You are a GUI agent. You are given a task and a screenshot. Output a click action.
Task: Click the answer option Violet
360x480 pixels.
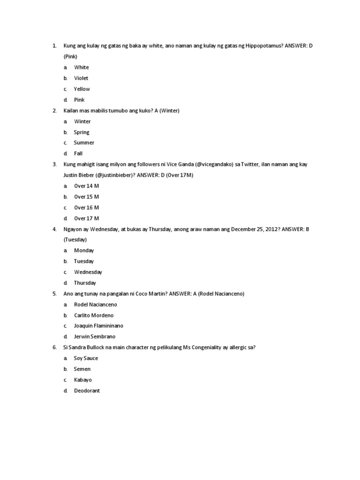81,78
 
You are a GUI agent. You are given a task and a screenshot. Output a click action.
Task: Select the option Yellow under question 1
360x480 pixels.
82,89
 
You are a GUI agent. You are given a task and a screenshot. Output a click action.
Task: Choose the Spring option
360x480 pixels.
82,132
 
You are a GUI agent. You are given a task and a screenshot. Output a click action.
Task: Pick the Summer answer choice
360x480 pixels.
84,142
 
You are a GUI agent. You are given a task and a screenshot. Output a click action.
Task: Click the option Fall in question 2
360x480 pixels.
78,153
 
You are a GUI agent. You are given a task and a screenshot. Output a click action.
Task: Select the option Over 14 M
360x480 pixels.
86,186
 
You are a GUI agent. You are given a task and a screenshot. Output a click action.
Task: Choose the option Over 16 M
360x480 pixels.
86,208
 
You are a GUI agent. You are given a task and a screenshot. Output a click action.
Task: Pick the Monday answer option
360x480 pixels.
84,250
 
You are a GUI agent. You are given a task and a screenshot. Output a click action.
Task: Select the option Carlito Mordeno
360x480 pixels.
94,315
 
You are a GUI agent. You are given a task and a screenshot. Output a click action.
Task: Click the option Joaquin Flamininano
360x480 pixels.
98,326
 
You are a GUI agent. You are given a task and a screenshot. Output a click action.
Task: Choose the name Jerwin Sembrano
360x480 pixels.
94,337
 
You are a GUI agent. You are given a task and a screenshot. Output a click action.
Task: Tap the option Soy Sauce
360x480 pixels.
86,358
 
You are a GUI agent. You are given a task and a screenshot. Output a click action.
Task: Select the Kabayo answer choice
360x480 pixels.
83,380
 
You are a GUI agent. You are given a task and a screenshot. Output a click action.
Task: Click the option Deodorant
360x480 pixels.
87,390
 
